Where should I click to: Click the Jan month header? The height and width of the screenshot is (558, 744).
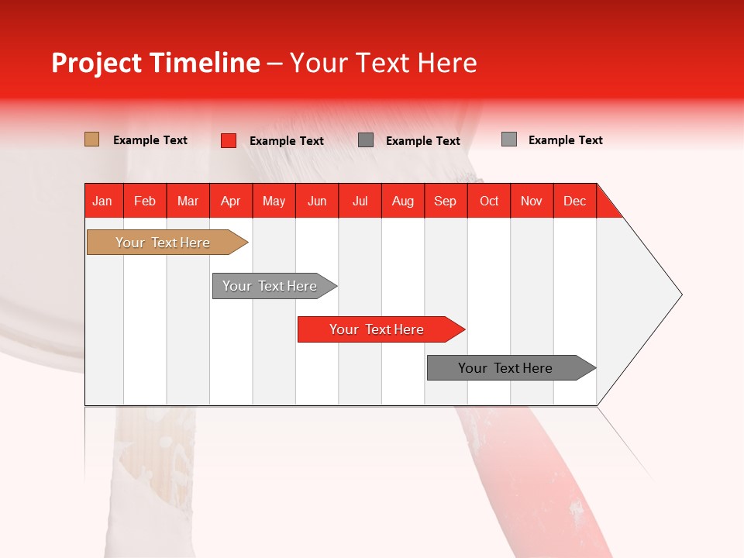(x=102, y=201)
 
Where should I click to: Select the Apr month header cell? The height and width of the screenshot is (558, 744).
(x=231, y=201)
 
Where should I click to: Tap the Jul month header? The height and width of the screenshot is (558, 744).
(x=360, y=201)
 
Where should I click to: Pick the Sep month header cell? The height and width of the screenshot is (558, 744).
(x=446, y=201)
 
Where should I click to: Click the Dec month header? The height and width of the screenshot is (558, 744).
(x=574, y=201)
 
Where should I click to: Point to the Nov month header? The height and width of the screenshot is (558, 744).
(x=532, y=201)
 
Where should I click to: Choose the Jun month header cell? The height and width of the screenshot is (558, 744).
(x=317, y=201)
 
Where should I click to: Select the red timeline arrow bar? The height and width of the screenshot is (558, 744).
(x=378, y=329)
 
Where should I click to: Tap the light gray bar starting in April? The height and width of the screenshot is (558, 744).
(x=271, y=286)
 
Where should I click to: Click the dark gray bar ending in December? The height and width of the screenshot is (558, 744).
(x=508, y=368)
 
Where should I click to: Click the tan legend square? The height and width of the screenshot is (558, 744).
(x=91, y=139)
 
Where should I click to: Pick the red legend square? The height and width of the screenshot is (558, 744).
(x=228, y=140)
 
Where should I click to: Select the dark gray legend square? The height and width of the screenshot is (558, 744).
(x=366, y=140)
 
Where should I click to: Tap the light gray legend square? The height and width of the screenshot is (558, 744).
(x=508, y=139)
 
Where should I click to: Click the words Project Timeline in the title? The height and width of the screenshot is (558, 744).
(x=155, y=63)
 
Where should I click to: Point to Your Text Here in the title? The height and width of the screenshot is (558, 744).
(x=384, y=63)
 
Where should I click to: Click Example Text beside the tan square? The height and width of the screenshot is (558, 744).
(x=150, y=140)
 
